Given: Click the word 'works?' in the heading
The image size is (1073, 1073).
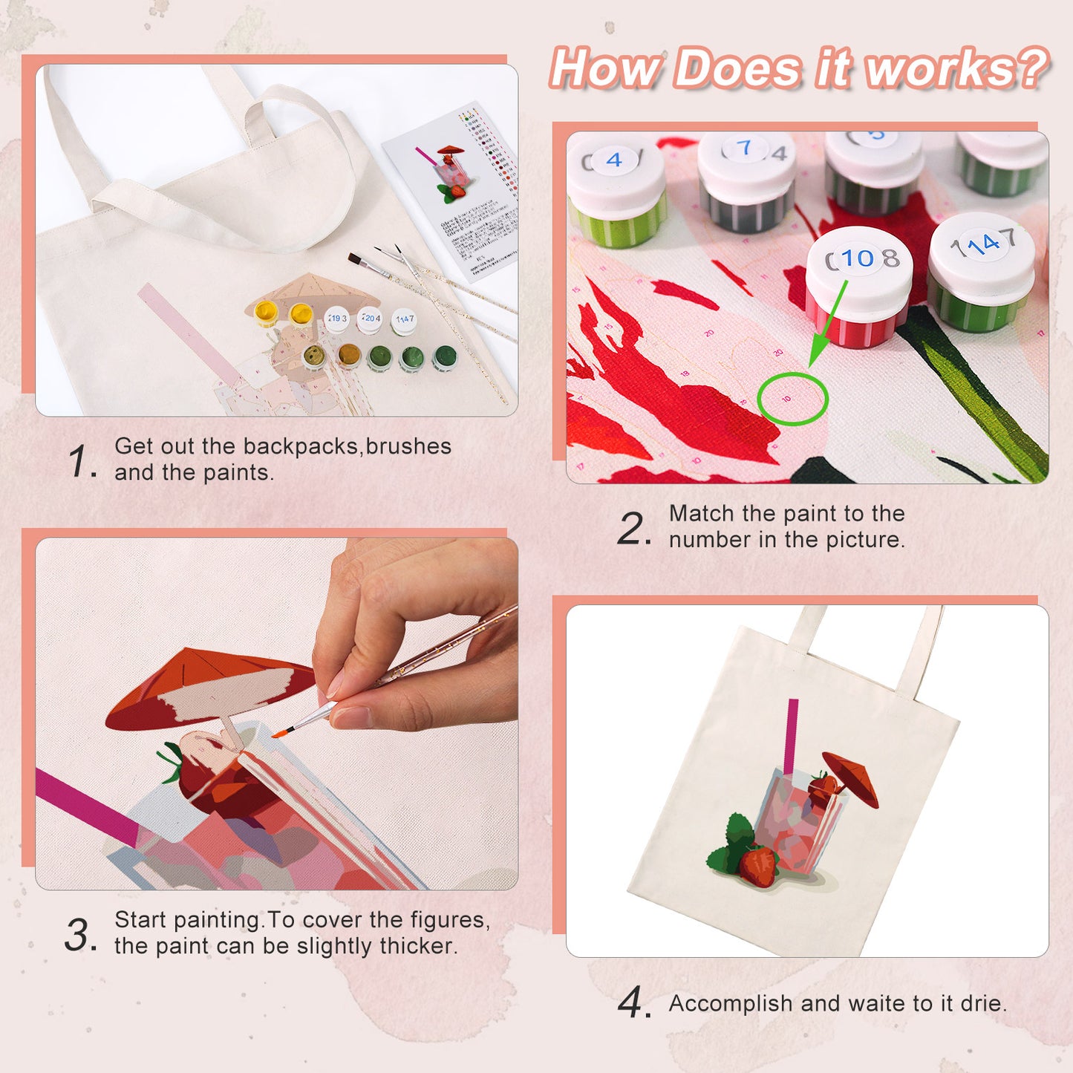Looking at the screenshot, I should pos(958,69).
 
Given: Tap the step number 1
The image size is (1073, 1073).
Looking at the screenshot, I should pos(79,461).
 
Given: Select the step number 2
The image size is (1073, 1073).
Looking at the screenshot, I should pos(633,529).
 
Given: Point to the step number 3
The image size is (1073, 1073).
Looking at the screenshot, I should pos(79,935).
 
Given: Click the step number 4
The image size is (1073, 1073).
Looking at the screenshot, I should pos(632,1003).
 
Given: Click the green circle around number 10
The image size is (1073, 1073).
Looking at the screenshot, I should pos(792,399).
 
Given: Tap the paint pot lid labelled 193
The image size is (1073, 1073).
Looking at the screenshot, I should pos(336,319).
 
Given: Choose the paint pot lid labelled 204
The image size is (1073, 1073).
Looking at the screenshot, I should pos(370,319).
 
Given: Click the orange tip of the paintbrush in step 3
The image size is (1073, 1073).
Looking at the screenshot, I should pos(278,734).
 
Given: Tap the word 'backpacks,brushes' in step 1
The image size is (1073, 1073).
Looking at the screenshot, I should pos(347,446).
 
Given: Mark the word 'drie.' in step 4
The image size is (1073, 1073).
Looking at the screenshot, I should pos(983,1003).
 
